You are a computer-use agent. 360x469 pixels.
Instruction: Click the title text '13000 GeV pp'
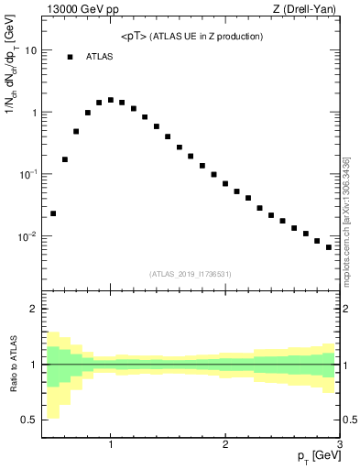77,11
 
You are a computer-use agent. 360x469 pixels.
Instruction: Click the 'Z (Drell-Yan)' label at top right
309,11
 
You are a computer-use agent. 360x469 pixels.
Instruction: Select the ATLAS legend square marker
70,57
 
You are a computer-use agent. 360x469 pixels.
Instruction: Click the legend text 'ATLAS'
99,57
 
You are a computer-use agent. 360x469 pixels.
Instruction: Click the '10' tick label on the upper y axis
30,50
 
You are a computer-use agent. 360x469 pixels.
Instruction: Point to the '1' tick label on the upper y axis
34,113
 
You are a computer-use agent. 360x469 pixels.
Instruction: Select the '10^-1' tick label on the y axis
28,173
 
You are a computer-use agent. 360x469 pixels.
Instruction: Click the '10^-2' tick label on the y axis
28,235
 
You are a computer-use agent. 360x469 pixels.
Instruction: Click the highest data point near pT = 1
111,100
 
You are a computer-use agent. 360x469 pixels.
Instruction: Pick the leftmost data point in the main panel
53,213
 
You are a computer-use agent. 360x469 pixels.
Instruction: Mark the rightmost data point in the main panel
329,247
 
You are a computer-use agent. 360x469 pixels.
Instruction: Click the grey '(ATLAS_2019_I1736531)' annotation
191,273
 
